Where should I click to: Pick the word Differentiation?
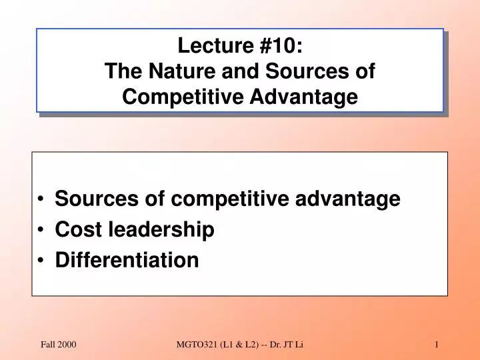click(x=127, y=260)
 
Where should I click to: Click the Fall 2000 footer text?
click(x=59, y=344)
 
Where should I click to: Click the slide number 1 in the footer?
click(x=436, y=344)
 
